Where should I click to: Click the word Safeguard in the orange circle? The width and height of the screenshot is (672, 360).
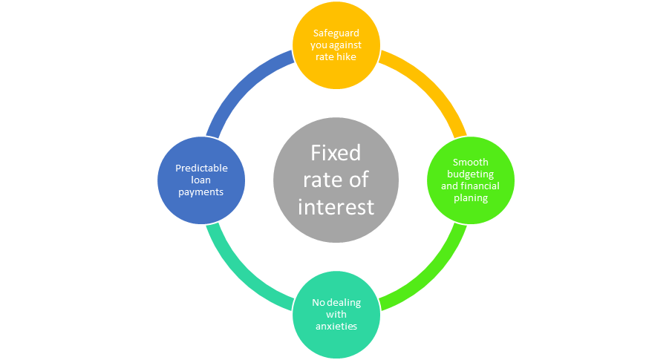(x=336, y=33)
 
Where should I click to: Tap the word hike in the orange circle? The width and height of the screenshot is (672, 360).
(x=348, y=56)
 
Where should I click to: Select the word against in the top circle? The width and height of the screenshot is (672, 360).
(x=345, y=45)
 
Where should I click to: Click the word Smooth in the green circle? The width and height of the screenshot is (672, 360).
(x=471, y=163)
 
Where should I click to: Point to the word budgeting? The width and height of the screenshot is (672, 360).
(x=471, y=174)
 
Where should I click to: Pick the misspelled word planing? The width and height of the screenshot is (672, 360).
(x=471, y=198)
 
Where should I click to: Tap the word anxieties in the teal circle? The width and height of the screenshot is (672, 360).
(x=336, y=326)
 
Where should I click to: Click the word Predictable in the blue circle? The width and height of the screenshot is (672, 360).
(x=201, y=168)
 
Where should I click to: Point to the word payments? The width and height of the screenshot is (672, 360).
(x=201, y=192)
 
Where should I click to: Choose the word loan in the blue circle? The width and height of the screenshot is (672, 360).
(x=201, y=180)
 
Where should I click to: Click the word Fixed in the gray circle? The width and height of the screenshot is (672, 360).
(x=336, y=153)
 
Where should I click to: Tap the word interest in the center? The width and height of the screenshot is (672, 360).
(x=336, y=207)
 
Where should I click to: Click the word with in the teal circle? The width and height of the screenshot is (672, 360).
(x=336, y=314)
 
